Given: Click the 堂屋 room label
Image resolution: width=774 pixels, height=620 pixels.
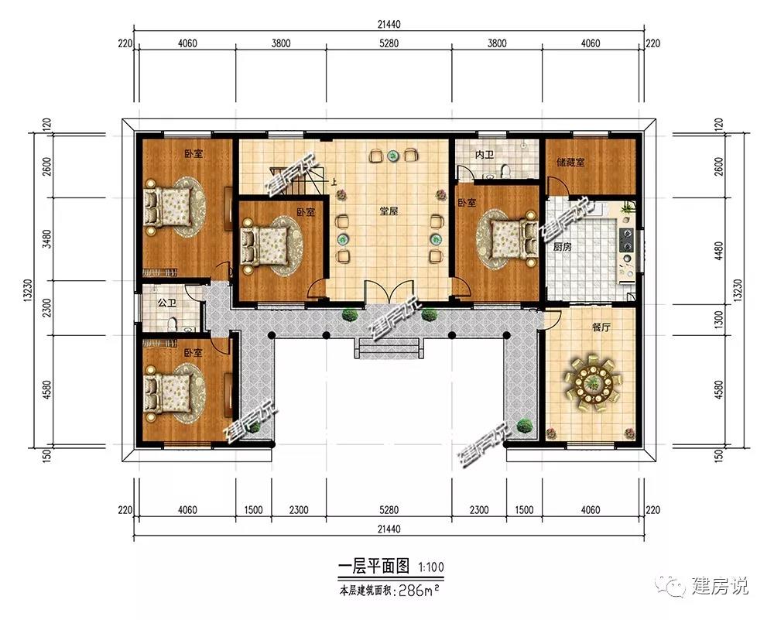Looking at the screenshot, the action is click(389, 211).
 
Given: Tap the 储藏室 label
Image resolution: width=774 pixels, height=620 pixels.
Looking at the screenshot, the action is click(570, 162).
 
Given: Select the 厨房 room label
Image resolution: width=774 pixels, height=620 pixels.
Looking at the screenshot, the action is click(562, 247).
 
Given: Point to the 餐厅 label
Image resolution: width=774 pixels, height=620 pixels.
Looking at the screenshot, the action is click(601, 327).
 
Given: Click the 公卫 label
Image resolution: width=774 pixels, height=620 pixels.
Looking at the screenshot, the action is click(167, 303).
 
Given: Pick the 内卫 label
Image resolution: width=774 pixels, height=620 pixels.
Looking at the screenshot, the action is click(485, 155).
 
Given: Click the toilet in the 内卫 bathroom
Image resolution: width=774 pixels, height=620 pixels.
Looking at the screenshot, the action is click(505, 171).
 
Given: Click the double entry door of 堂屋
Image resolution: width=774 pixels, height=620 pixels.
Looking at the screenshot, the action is click(389, 291).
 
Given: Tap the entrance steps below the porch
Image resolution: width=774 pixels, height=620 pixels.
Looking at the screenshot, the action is click(389, 348).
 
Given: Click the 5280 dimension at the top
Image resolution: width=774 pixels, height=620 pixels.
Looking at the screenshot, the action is click(389, 43).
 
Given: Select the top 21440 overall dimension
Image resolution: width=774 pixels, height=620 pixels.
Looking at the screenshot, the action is click(389, 24).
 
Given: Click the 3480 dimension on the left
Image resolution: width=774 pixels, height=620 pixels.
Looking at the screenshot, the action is click(47, 239).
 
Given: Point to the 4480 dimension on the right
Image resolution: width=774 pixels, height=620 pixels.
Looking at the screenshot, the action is click(719, 252).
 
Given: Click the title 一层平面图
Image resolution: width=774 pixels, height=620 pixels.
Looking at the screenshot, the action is click(374, 566).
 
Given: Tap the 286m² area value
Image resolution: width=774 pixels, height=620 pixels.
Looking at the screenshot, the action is click(419, 591).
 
